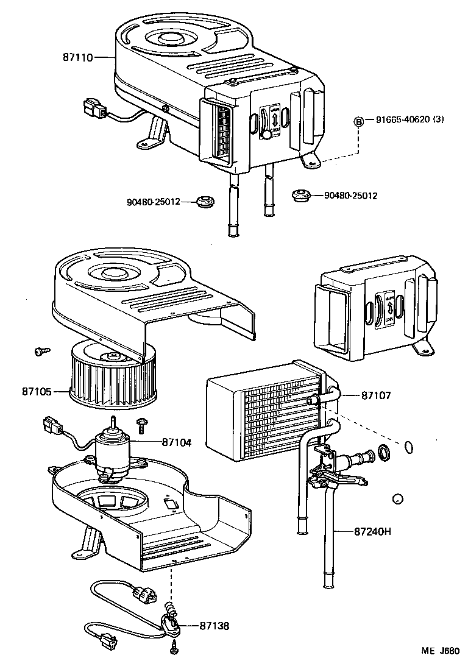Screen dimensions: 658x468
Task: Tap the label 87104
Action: [x=177, y=442]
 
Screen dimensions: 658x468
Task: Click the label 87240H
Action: [x=372, y=531]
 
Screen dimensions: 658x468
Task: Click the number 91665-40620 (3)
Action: [x=405, y=119]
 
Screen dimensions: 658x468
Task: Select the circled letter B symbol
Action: [x=360, y=120]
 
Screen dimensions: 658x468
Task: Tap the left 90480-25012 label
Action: [x=153, y=202]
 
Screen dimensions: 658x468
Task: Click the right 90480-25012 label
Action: [x=350, y=196]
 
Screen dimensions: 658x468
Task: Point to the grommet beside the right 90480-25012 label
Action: [x=300, y=196]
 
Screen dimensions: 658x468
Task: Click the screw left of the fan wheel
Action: [x=40, y=351]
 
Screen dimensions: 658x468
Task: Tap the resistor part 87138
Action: [x=170, y=623]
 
